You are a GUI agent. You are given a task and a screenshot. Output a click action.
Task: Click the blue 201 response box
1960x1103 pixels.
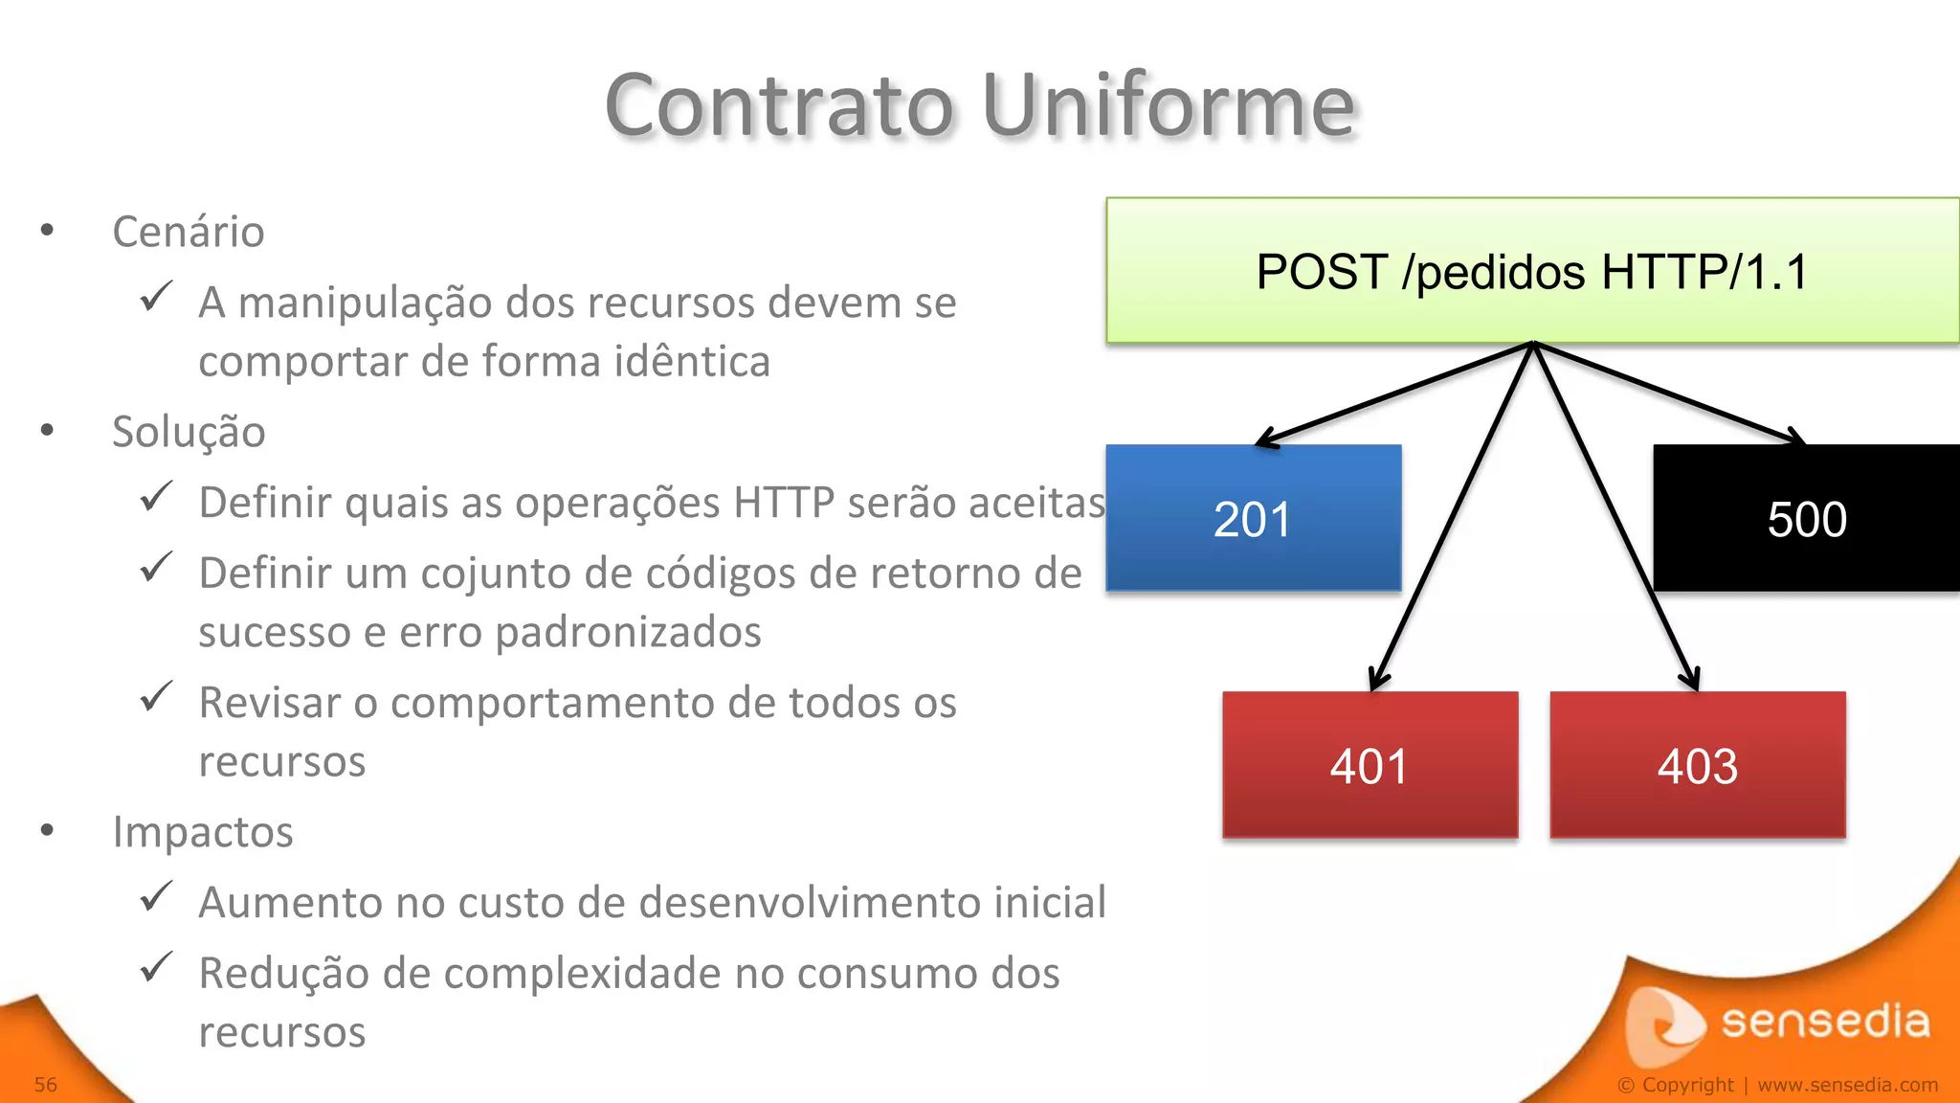(x=1253, y=518)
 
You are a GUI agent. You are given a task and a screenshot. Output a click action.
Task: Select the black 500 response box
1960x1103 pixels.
(x=1806, y=518)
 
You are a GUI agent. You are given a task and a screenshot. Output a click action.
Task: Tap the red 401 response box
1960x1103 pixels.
(x=1370, y=765)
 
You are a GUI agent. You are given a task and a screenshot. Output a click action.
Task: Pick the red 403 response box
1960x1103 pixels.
(x=1697, y=765)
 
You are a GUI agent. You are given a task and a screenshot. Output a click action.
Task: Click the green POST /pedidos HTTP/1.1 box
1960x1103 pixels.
(x=1532, y=271)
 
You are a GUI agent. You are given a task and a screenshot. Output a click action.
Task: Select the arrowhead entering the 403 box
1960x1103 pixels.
(x=1690, y=679)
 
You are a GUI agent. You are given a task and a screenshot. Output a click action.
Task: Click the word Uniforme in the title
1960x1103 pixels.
(x=1168, y=105)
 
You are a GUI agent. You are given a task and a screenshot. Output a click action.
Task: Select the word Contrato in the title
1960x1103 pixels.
(x=779, y=105)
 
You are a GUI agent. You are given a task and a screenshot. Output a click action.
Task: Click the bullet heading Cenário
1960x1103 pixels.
(x=189, y=232)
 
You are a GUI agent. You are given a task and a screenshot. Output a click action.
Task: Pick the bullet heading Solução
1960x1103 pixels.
(x=189, y=432)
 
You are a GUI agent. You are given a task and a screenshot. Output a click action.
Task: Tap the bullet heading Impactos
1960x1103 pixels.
(x=203, y=831)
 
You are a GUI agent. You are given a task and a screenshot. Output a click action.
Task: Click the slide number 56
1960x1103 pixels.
(x=46, y=1085)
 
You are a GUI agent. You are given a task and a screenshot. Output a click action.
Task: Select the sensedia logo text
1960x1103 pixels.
(x=1825, y=1021)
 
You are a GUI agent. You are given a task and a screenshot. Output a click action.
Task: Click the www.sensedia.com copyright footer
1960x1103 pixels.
(x=1847, y=1085)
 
